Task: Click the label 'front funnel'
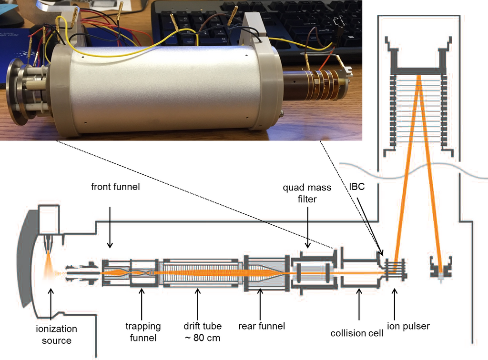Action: pyautogui.click(x=115, y=187)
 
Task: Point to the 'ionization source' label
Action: pyautogui.click(x=56, y=335)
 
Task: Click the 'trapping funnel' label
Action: pyautogui.click(x=143, y=332)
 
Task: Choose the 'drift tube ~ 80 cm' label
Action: pyautogui.click(x=203, y=332)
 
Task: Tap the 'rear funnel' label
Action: pyautogui.click(x=262, y=326)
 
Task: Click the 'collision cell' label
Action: pyautogui.click(x=357, y=333)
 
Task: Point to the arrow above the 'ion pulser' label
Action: pyautogui.click(x=394, y=303)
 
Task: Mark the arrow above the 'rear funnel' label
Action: pyautogui.click(x=260, y=303)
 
